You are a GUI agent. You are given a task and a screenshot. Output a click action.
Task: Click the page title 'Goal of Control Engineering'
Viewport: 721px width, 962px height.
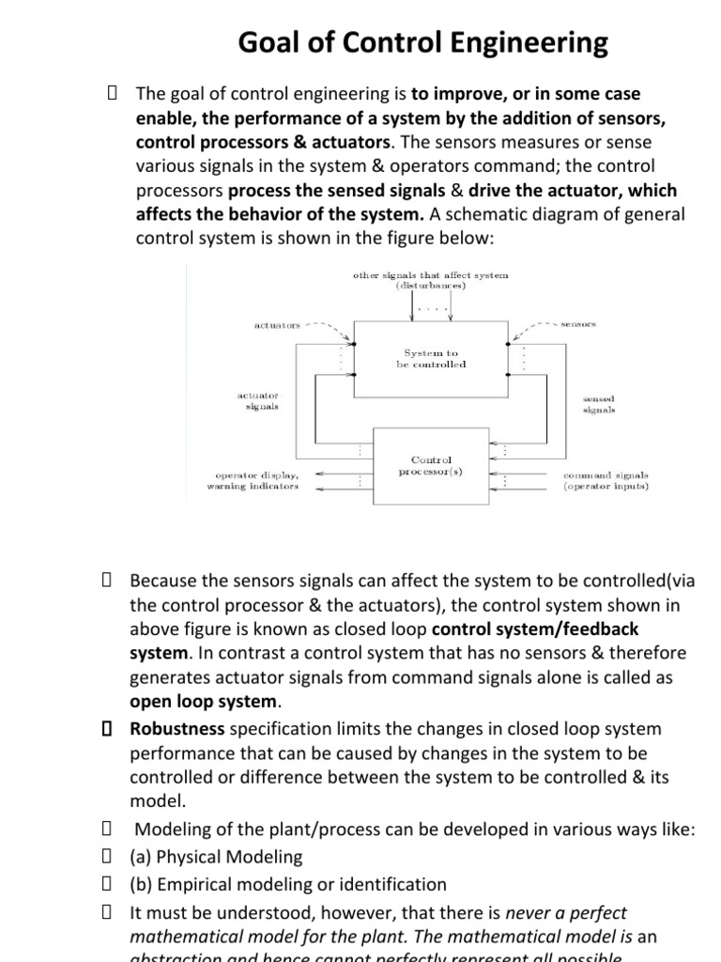point(422,42)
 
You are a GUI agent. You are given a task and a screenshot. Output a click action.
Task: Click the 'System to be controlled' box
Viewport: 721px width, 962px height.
point(431,358)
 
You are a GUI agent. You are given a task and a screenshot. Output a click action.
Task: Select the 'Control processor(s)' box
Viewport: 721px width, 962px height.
point(431,466)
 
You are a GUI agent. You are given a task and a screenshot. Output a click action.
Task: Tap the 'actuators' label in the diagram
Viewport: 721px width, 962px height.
point(277,325)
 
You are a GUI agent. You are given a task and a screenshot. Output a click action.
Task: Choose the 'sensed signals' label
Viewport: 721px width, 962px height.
point(598,404)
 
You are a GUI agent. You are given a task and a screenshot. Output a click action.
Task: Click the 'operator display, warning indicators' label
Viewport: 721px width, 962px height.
point(253,481)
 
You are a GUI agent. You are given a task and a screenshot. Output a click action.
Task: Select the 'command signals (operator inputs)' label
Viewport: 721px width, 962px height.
point(606,481)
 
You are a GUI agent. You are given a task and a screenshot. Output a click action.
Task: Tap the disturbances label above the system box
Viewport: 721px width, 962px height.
point(431,280)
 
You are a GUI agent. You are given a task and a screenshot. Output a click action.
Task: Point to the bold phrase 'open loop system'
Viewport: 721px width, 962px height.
point(204,701)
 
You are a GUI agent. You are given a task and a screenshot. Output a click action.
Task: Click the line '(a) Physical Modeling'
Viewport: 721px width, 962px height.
point(216,857)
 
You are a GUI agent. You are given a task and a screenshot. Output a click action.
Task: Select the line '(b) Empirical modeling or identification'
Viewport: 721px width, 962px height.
point(288,884)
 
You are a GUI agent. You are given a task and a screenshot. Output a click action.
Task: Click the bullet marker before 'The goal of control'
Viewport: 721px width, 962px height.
point(112,93)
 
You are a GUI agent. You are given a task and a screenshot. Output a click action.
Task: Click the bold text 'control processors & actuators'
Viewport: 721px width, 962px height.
point(263,142)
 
